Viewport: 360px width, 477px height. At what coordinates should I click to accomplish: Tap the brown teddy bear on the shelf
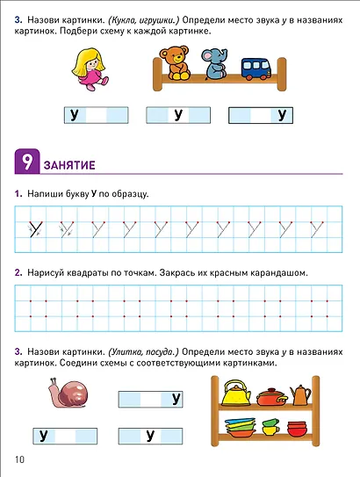[173, 64]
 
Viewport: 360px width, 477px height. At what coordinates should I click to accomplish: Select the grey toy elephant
[213, 67]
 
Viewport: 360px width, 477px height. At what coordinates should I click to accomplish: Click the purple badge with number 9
[25, 163]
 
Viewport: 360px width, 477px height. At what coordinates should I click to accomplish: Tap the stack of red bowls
[298, 430]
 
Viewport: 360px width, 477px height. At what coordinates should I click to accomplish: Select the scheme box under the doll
[95, 114]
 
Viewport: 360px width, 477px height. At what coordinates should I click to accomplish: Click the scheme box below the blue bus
[260, 114]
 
